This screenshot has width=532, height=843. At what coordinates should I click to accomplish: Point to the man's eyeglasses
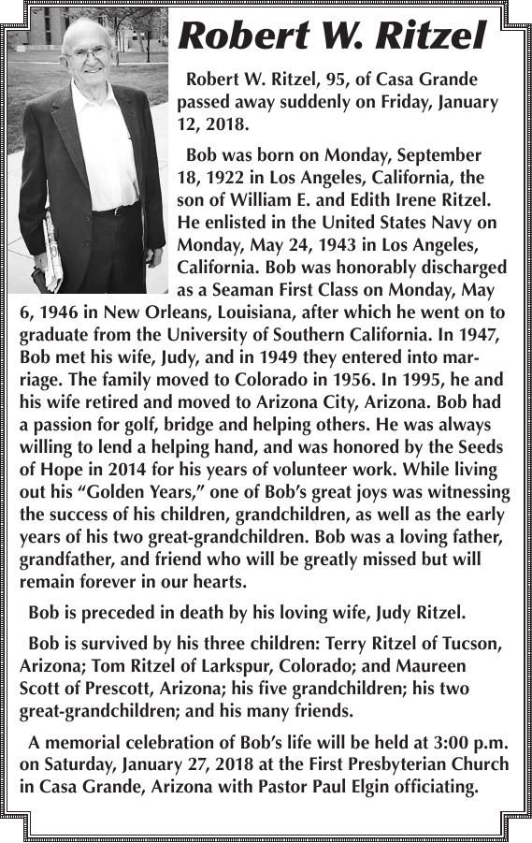[x=89, y=53]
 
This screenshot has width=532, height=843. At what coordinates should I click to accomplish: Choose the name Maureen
[x=438, y=666]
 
